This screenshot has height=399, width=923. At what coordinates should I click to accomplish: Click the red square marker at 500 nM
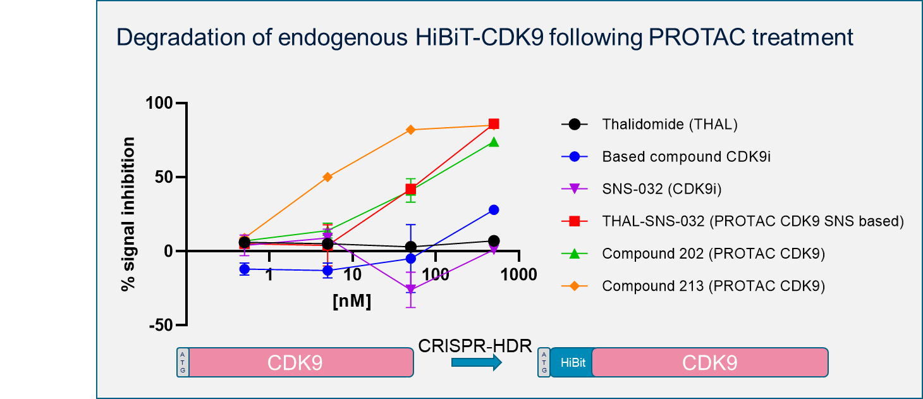(494, 124)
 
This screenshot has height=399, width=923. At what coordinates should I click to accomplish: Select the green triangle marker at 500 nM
(494, 142)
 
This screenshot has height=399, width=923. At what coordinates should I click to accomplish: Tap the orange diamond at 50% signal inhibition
(327, 177)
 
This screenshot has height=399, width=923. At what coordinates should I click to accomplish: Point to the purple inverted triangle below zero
(411, 289)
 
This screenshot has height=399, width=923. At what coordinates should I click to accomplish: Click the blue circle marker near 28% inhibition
(494, 210)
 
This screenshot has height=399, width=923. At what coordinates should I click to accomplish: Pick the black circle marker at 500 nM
(494, 241)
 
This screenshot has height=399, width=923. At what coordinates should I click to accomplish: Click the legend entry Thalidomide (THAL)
(669, 125)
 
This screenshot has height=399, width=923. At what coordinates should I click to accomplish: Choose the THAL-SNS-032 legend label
(752, 221)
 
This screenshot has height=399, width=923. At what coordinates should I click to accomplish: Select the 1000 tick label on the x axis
(517, 275)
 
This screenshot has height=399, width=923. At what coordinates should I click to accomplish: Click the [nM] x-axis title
(352, 300)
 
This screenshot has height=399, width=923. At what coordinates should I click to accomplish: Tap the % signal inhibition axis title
(129, 214)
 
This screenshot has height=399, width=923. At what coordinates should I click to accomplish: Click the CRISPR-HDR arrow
(476, 362)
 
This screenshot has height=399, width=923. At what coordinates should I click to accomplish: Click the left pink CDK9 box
(301, 363)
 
